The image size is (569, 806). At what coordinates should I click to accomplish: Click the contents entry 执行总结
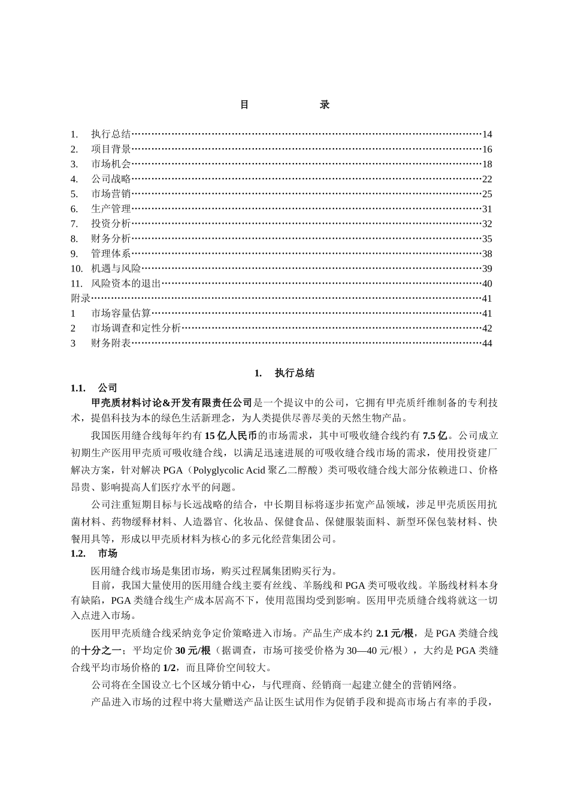(x=111, y=134)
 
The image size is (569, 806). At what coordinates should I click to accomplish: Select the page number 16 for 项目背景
(x=487, y=149)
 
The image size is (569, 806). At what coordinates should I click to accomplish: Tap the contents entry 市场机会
(x=111, y=164)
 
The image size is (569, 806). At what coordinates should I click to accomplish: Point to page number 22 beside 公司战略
(x=487, y=179)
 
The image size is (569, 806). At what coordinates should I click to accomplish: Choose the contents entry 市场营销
(x=111, y=194)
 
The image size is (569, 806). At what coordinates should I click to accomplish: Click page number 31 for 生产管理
(x=487, y=209)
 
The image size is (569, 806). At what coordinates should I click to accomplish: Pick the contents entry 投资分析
(x=111, y=224)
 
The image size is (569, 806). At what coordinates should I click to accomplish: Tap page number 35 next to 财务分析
(x=487, y=239)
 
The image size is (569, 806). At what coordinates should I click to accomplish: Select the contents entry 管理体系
(x=111, y=254)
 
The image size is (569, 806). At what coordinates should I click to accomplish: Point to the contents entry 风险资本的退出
(x=126, y=284)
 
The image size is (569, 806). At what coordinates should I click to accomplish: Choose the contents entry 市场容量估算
(x=121, y=313)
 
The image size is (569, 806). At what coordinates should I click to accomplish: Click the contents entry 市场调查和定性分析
(x=136, y=328)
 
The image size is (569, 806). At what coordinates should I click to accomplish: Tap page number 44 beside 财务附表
(x=487, y=343)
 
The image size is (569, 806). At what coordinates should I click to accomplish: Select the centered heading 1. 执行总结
(x=284, y=373)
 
